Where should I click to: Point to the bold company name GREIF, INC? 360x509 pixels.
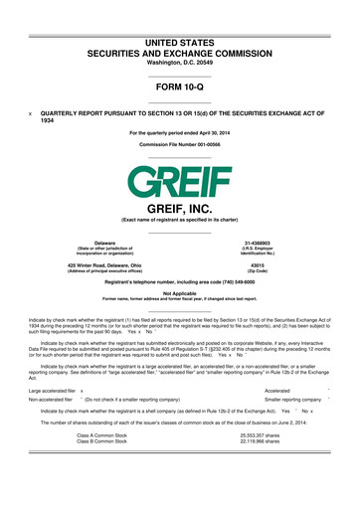[179, 210]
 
